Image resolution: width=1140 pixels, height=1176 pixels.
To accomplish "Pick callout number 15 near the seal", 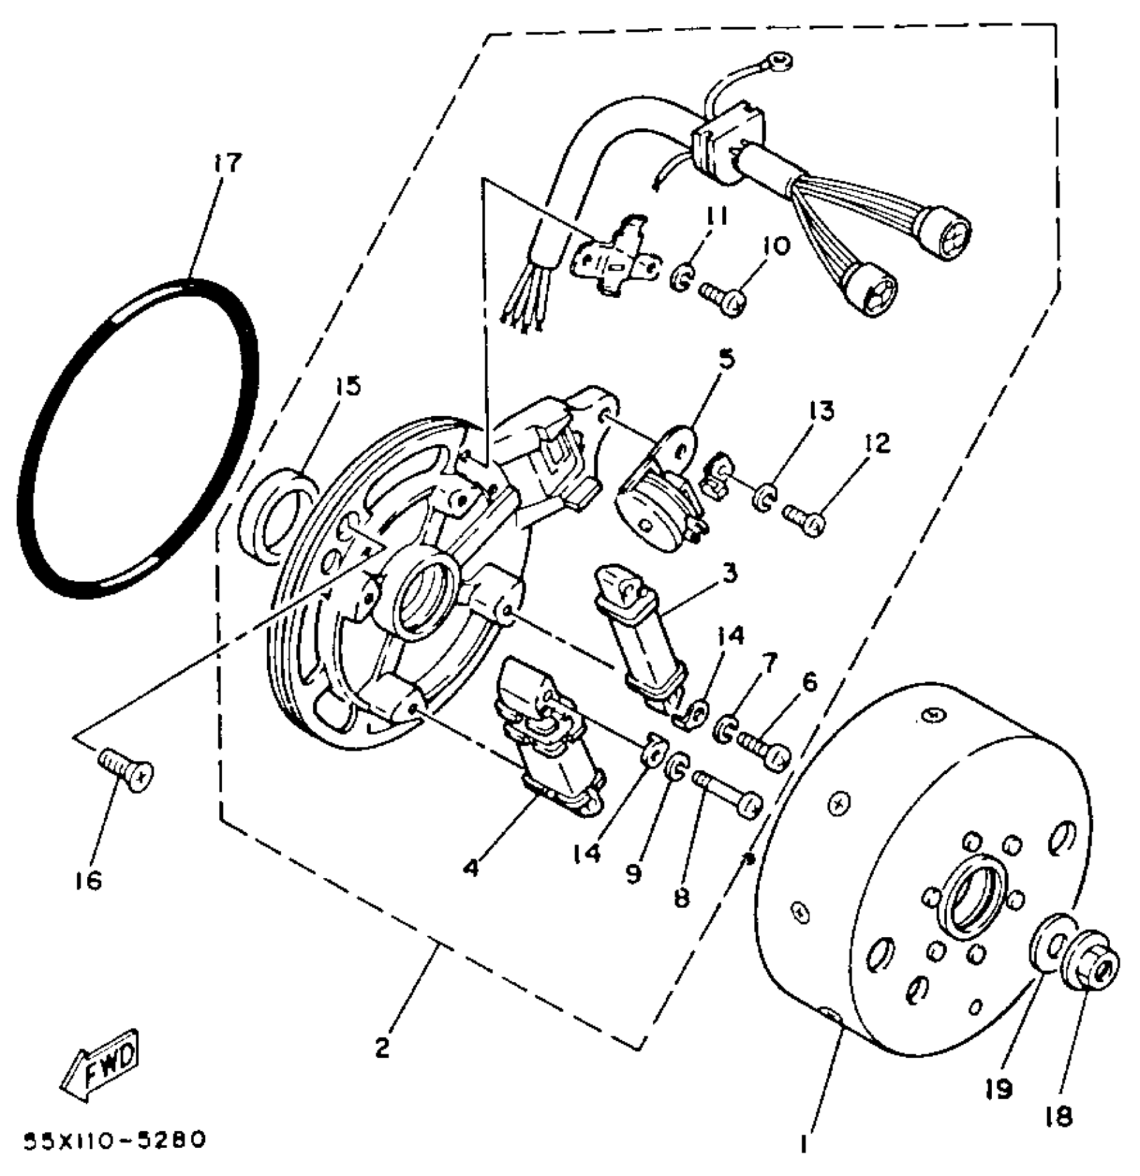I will coord(348,386).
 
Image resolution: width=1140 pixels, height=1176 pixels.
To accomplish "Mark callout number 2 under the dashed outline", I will coord(382,1047).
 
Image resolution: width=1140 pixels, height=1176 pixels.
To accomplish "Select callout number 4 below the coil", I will coord(471,867).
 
